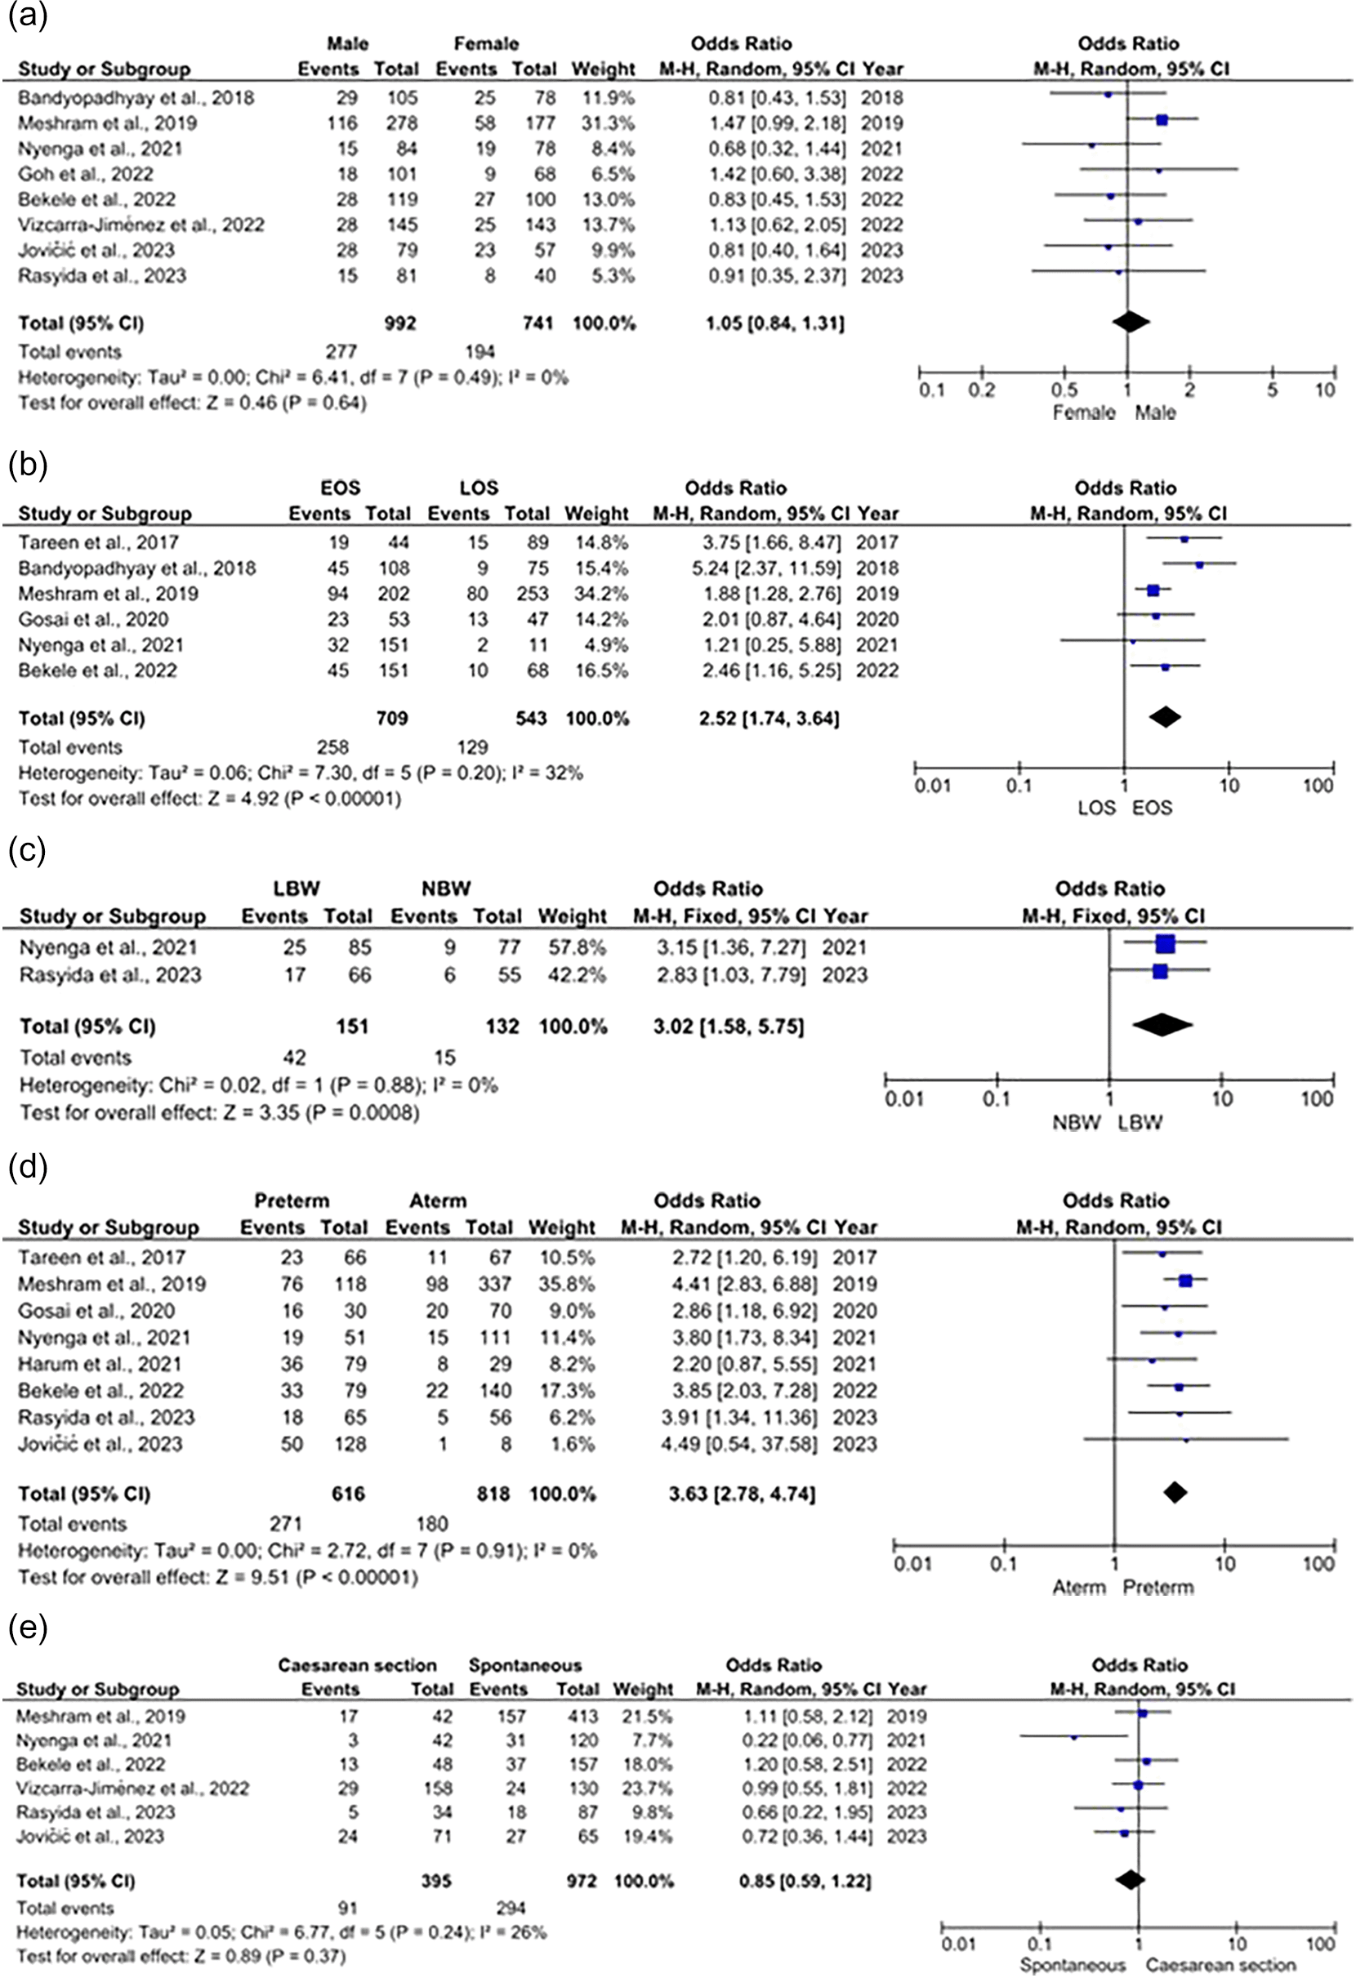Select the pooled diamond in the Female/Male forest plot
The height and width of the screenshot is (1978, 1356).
(x=1131, y=322)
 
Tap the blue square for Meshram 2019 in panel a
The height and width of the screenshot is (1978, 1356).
(x=1162, y=121)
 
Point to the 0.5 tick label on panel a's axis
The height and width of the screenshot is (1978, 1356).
(x=1064, y=390)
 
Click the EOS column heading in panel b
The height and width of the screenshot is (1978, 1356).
(x=340, y=488)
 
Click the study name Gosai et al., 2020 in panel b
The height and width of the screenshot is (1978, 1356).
(x=94, y=619)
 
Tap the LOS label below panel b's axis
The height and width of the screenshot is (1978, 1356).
(x=1096, y=807)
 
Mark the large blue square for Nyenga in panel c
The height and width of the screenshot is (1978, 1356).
(x=1166, y=943)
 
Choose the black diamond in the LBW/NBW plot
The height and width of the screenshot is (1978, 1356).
(x=1162, y=1025)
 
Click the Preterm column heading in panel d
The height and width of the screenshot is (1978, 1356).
(x=291, y=1201)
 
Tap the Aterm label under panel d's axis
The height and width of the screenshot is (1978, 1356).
(x=1078, y=1588)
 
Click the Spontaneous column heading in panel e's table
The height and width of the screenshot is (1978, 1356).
(x=524, y=1664)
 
